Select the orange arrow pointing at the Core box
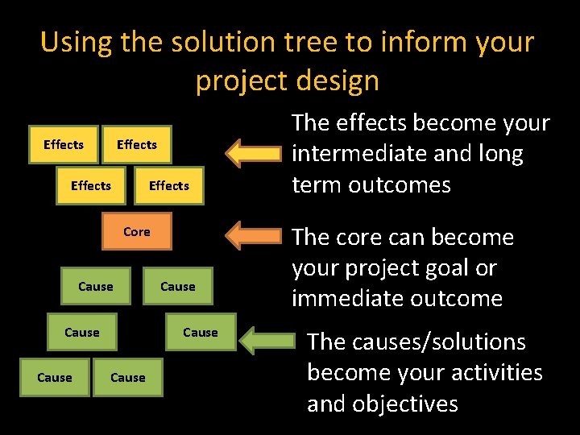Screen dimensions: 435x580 tap(255, 236)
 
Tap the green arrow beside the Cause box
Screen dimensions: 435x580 tap(269, 339)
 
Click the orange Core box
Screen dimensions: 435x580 tap(136, 232)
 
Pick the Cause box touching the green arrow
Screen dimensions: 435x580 tap(200, 332)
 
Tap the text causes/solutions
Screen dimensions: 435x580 tap(416, 342)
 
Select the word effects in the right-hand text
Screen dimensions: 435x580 tap(371, 122)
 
